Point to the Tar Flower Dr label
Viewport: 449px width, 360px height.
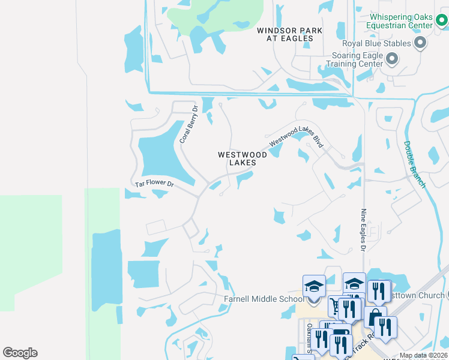154,184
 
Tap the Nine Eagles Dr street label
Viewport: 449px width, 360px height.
363,230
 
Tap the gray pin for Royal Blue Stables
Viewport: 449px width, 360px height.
420,43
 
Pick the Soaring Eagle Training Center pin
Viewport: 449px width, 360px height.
392,59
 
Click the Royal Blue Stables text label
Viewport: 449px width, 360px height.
376,43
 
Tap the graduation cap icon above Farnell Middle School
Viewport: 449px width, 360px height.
314,286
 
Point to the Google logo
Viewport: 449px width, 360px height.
20,352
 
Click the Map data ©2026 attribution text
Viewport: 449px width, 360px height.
423,355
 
